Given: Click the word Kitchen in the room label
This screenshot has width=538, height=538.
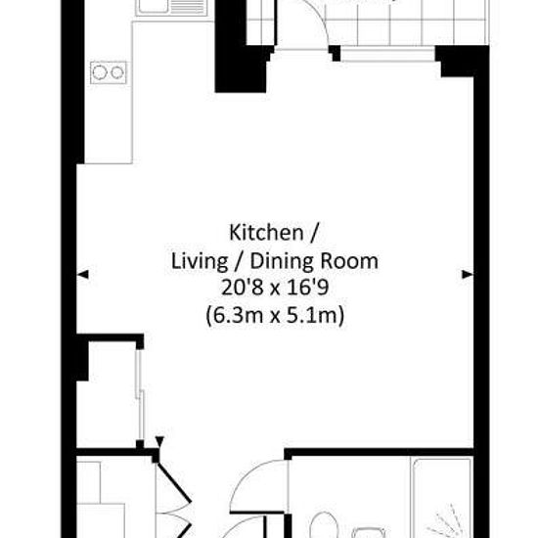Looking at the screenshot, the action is (266, 233).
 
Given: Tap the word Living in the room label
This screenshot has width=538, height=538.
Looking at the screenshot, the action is (200, 262).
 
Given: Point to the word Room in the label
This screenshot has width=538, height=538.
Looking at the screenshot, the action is (349, 261).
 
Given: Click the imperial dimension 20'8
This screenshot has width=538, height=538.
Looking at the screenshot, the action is (242, 288).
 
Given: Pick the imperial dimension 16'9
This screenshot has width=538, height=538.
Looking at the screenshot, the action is (308, 288).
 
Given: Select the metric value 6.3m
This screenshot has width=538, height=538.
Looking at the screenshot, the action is (235, 315).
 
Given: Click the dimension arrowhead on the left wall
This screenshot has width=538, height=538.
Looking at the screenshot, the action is (83, 274).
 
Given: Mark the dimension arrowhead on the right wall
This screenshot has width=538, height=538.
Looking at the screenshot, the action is (468, 274).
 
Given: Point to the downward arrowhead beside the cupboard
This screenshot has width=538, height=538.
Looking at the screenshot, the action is (159, 441).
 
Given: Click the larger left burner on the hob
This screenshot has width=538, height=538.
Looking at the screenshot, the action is (100, 72).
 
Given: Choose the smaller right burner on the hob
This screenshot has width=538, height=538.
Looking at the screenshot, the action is (117, 72).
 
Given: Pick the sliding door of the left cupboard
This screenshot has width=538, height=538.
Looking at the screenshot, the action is (140, 394).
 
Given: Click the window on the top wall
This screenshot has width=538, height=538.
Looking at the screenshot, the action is (387, 55).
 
